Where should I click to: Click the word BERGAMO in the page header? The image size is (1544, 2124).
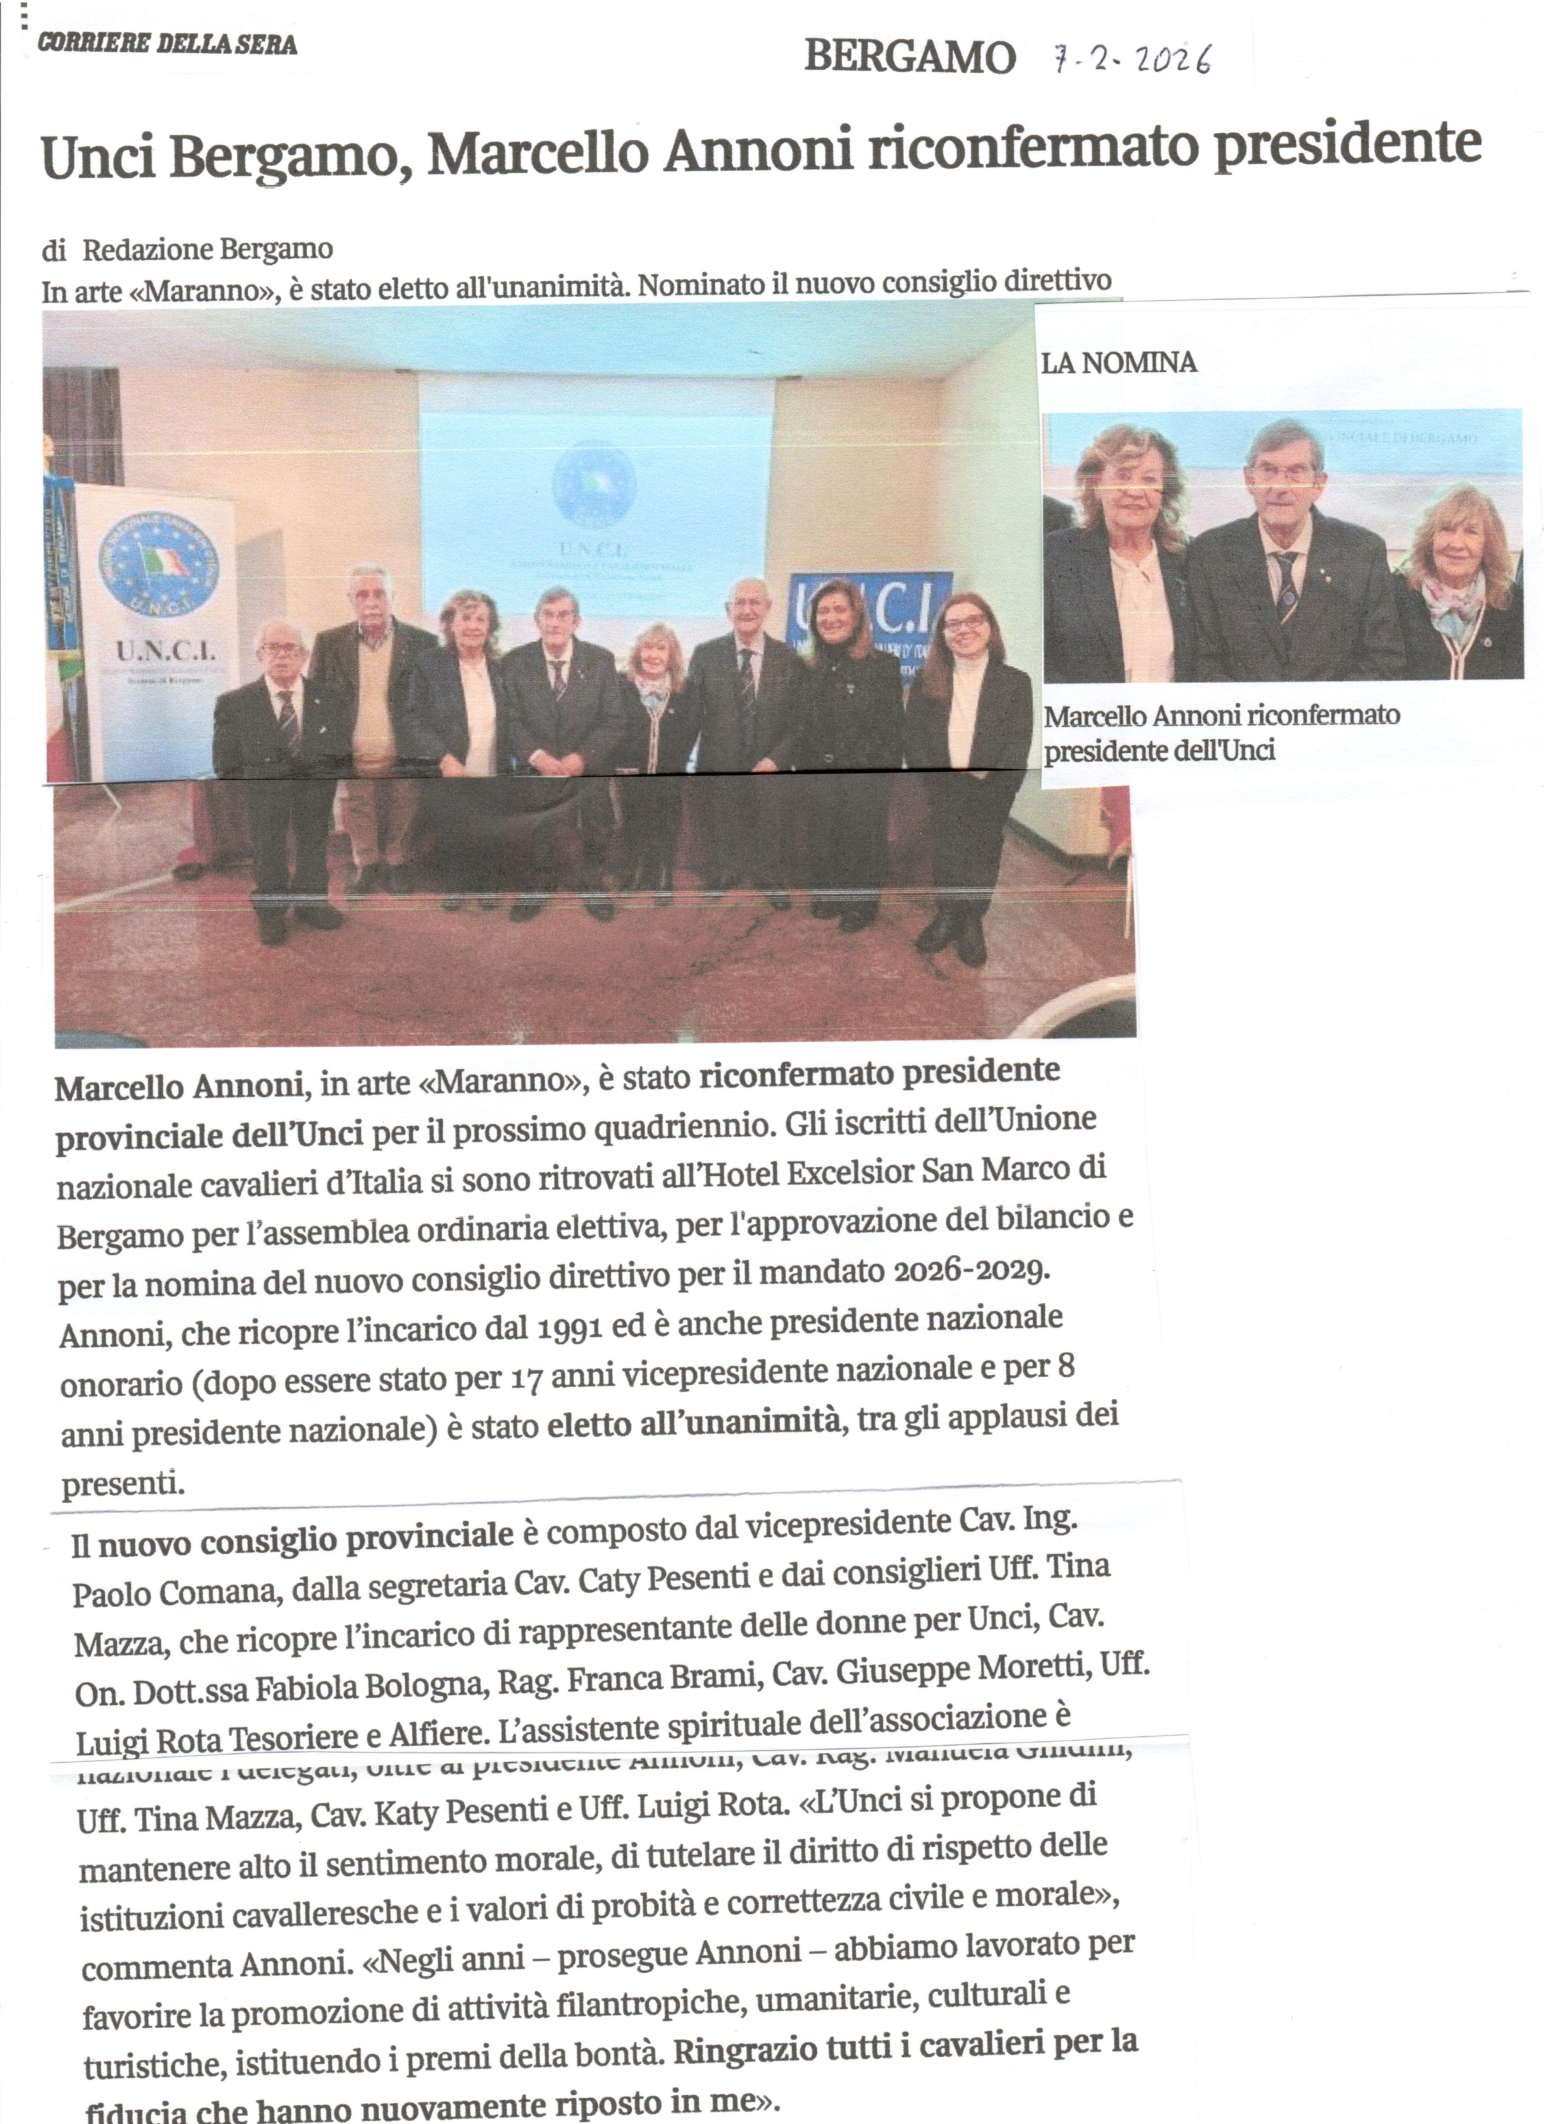pyautogui.click(x=909, y=58)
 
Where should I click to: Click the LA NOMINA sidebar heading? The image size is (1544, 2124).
pyautogui.click(x=1119, y=363)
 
